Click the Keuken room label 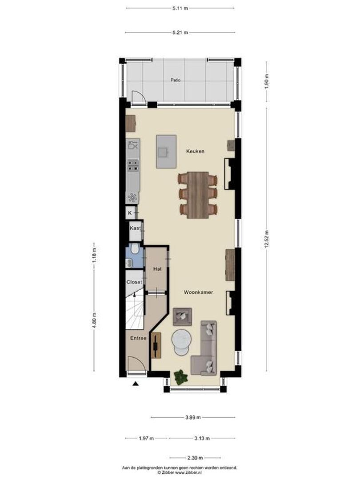click(196, 152)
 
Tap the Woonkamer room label click(198, 292)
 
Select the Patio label click(176, 80)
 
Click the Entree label click(138, 338)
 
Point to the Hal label click(157, 269)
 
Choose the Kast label click(135, 228)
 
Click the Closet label click(134, 282)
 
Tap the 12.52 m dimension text click(267, 240)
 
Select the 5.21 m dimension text click(180, 32)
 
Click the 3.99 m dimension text click(193, 417)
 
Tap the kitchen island click(166, 151)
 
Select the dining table click(197, 195)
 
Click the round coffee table click(182, 341)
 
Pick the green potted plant click(181, 377)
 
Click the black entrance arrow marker click(135, 385)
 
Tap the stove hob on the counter click(132, 165)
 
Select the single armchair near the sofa click(182, 316)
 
